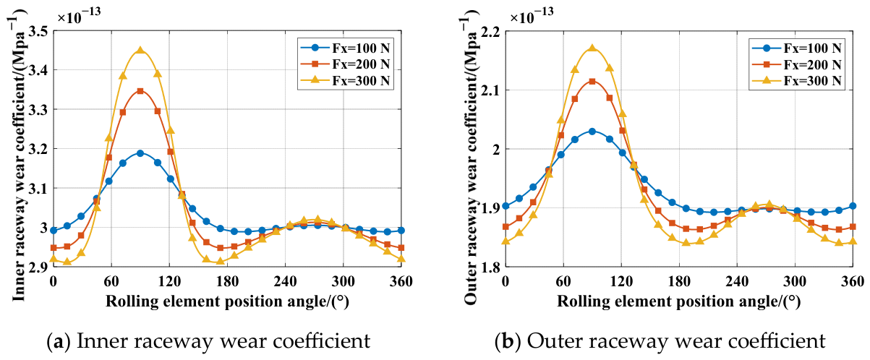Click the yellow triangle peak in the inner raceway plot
[140, 50]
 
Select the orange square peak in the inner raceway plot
[140, 91]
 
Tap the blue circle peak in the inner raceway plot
[140, 153]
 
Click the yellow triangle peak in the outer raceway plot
[592, 48]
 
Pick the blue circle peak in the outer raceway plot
[592, 132]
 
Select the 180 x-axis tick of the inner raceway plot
[227, 280]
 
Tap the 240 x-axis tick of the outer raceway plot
[737, 280]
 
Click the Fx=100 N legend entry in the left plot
[345, 48]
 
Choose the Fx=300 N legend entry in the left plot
[345, 80]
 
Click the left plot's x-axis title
[227, 301]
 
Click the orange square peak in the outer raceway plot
[592, 81]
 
